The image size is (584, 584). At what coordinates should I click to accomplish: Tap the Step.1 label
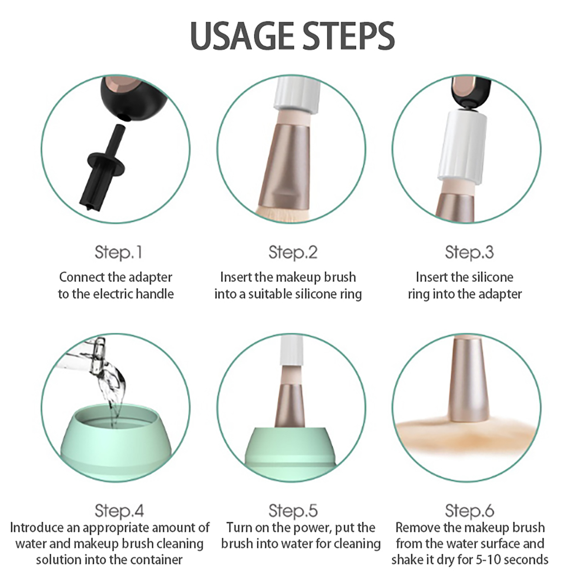118,253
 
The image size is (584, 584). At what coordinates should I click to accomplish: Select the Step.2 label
293,253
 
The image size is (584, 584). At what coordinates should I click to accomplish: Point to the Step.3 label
469,253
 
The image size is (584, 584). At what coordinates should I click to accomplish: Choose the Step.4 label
119,511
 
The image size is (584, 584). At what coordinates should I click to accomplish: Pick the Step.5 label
293,511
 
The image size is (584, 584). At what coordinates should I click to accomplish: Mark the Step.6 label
469,511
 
